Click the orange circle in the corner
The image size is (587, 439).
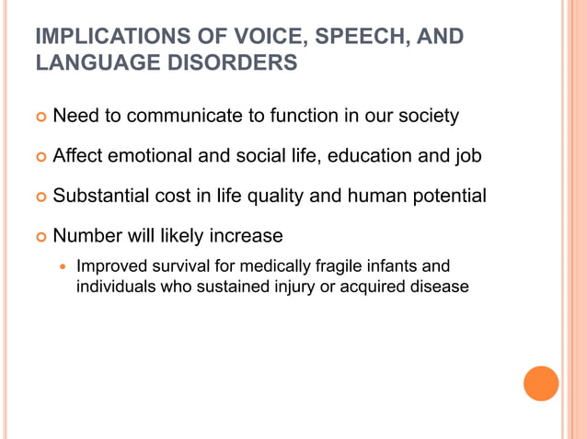pos(541,383)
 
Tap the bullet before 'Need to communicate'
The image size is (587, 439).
pos(39,118)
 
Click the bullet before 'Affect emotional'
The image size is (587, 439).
pos(39,157)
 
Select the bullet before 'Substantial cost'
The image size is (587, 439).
pos(39,197)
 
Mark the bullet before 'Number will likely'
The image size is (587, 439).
pos(39,236)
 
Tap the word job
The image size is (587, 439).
pos(467,157)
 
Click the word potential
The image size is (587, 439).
pos(448,196)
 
